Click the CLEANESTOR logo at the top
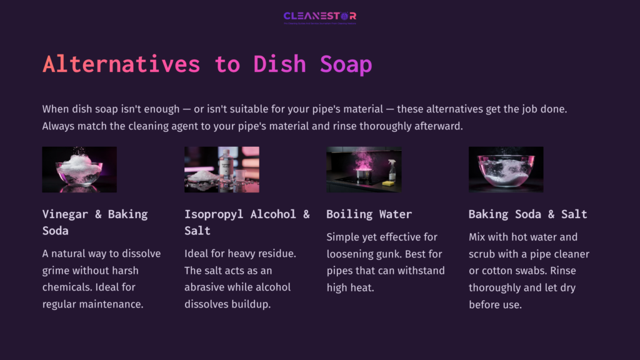coord(319,17)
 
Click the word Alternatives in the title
coord(121,64)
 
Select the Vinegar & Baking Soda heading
coord(95,222)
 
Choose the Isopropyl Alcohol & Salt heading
coord(247,222)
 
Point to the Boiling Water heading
coord(369,214)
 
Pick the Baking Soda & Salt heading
coord(527,214)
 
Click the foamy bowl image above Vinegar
coord(79,169)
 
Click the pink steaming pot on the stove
coord(362,171)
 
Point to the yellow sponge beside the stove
coord(388,182)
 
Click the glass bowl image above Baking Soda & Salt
coord(506,169)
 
